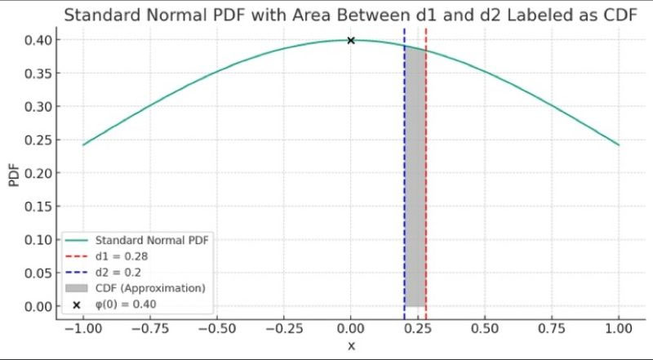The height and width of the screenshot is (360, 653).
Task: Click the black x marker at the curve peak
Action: click(351, 40)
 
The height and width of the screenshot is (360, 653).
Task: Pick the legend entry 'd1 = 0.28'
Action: click(122, 256)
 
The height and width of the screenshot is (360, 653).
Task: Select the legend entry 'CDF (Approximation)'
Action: click(149, 288)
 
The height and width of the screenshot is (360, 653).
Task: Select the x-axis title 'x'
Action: click(351, 346)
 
